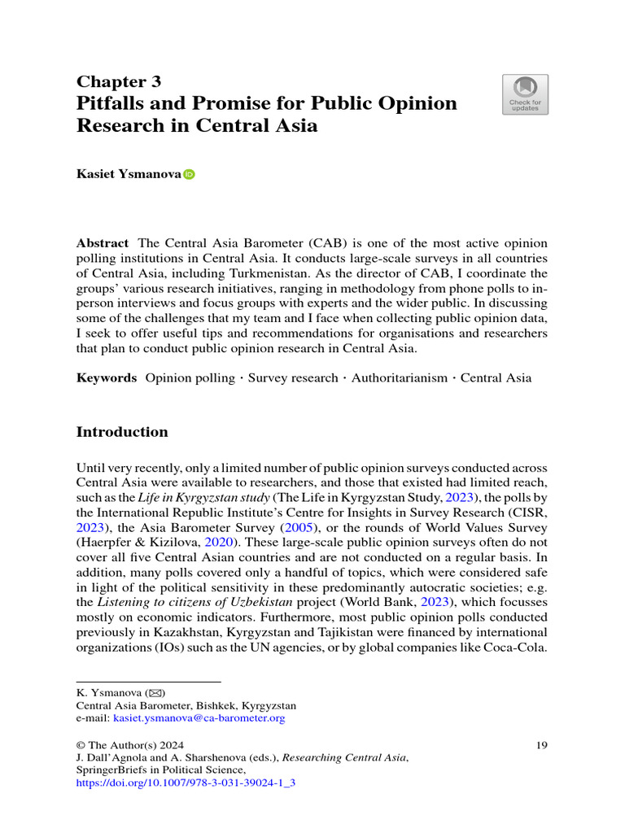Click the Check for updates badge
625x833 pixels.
pos(525,94)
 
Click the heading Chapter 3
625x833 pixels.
pos(119,81)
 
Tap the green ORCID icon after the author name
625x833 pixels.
pos(190,174)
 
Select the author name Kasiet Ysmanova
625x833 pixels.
pos(129,174)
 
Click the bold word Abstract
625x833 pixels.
pos(102,243)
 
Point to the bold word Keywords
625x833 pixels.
pos(106,377)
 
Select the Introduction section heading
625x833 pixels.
pos(122,432)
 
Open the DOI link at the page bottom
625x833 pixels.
pos(185,783)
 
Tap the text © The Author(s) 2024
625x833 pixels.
pos(130,744)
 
